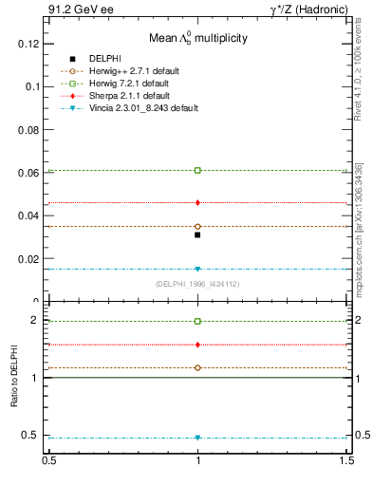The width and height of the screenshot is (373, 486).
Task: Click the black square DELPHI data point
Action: tap(197, 234)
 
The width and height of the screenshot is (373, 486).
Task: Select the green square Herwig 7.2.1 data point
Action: tap(197, 170)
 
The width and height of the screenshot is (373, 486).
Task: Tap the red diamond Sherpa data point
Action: tap(197, 202)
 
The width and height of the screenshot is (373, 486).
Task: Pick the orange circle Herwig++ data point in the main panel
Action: tap(197, 227)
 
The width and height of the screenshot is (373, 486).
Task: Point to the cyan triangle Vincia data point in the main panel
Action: tap(197, 269)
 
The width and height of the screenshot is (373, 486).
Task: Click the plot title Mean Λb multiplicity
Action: tap(197, 38)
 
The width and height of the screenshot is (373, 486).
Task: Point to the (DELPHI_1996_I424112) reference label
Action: tap(197, 284)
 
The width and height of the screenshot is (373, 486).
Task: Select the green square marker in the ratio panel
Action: tap(197, 321)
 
